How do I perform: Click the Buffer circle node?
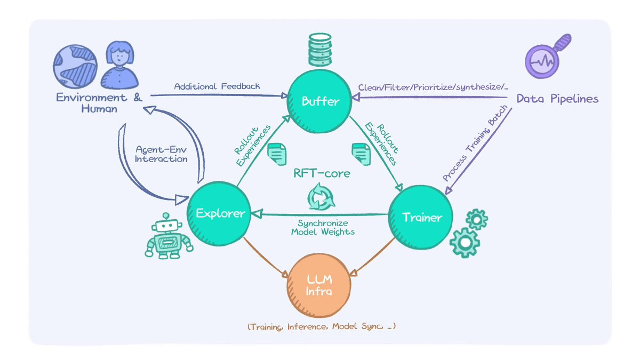[319, 101]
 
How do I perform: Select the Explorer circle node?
[219, 214]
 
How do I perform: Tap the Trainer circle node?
[421, 218]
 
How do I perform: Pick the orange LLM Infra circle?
[319, 285]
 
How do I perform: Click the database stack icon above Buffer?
[320, 50]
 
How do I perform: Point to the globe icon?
[75, 66]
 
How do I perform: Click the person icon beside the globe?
[119, 65]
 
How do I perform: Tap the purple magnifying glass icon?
[548, 56]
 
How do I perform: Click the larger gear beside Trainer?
[465, 243]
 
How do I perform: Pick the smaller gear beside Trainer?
[477, 219]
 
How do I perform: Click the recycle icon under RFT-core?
[321, 197]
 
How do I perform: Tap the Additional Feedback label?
[217, 86]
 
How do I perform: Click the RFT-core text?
[322, 173]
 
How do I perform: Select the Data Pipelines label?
[557, 99]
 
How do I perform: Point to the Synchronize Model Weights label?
[323, 227]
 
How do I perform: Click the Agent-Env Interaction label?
[161, 154]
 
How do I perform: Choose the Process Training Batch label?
[475, 143]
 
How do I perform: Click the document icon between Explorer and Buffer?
[277, 154]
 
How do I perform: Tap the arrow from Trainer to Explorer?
[319, 214]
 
